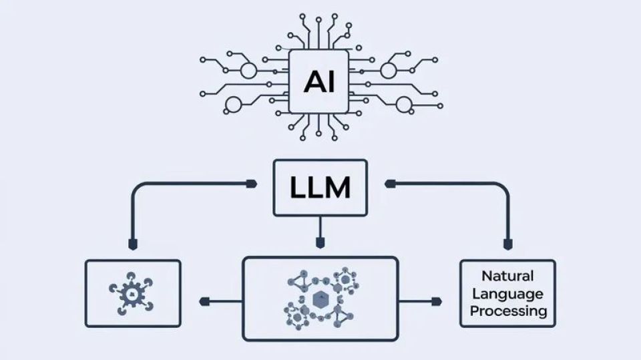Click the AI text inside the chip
[x=319, y=81]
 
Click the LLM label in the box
[x=320, y=188]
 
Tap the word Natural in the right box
[x=507, y=276]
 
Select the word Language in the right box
[x=507, y=294]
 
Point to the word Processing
[x=508, y=311]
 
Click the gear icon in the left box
[x=132, y=294]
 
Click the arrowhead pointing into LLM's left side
[x=252, y=184]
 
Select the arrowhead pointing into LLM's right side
[x=390, y=184]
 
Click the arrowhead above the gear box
[x=133, y=244]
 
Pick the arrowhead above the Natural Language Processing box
[x=507, y=244]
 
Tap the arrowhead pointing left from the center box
[x=204, y=302]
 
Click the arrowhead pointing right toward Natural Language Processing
[x=437, y=302]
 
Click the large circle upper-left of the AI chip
[x=248, y=70]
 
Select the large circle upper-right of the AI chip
[x=389, y=70]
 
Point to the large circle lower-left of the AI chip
[x=234, y=104]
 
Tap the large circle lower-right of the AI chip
[x=403, y=104]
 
